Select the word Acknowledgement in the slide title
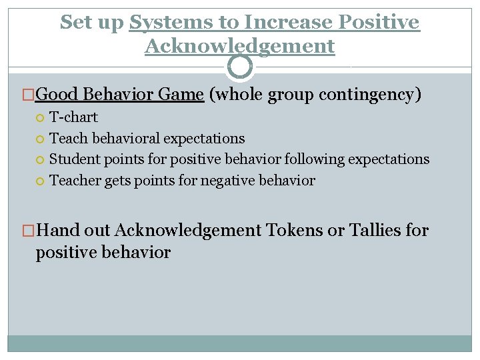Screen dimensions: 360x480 [x=239, y=46]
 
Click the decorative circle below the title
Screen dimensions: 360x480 [x=240, y=67]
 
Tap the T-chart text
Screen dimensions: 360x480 [x=73, y=117]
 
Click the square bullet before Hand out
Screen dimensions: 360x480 [x=29, y=231]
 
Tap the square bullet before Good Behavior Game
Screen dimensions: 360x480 [x=29, y=95]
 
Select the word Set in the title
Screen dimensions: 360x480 [x=75, y=23]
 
